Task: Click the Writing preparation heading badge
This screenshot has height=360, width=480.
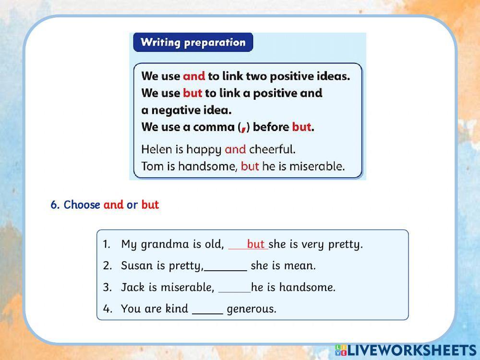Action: [193, 42]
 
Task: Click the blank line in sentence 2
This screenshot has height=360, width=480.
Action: [225, 271]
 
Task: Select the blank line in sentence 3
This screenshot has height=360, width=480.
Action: [235, 292]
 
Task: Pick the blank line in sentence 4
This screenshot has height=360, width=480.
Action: [207, 313]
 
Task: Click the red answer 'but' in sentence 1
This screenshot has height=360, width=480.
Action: [255, 244]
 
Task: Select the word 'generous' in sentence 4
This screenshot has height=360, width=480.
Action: [252, 309]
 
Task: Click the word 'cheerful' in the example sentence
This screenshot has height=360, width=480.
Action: [272, 149]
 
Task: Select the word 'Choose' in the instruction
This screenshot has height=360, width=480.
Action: [82, 205]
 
